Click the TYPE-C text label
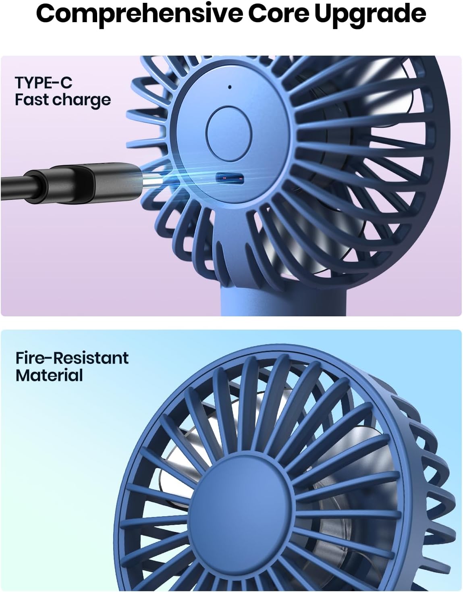tap(44, 83)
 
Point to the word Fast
tap(31, 100)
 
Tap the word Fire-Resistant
tap(72, 358)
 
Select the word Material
tap(49, 375)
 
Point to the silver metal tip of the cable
tap(151, 182)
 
